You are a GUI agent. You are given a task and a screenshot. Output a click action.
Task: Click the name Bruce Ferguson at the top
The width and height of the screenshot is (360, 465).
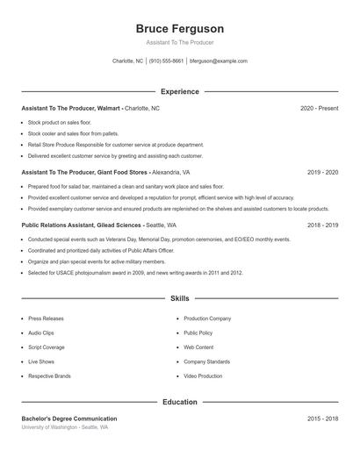(180, 28)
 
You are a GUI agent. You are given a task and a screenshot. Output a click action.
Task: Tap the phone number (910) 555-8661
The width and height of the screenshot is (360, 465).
(167, 61)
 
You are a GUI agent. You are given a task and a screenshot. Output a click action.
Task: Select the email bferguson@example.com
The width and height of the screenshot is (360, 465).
(219, 61)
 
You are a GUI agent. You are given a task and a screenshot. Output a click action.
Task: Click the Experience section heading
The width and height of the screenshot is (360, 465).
(180, 91)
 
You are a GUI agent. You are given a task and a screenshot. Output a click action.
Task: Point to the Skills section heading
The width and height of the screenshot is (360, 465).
(180, 299)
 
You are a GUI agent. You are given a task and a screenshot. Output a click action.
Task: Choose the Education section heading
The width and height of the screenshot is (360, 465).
(180, 402)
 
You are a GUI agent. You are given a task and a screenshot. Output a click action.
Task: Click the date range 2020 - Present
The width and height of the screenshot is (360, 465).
(319, 108)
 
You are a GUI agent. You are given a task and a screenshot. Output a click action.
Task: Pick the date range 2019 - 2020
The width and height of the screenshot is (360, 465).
(322, 173)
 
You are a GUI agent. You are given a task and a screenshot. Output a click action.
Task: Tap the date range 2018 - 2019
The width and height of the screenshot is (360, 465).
(322, 225)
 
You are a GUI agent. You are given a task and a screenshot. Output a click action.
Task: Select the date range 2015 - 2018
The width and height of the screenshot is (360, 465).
(322, 418)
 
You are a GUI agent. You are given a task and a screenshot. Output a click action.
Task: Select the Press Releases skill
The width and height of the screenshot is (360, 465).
(47, 319)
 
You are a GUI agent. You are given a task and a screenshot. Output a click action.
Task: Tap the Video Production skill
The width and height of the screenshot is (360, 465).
(203, 376)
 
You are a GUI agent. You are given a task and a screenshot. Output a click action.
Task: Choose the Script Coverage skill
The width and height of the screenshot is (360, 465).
(47, 347)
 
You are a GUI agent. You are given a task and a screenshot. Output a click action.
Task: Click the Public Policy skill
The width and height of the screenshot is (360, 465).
(198, 333)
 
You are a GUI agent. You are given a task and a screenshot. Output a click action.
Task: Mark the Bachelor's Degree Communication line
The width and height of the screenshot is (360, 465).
(69, 418)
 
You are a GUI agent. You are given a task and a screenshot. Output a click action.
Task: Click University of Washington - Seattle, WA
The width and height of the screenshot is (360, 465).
(65, 427)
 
